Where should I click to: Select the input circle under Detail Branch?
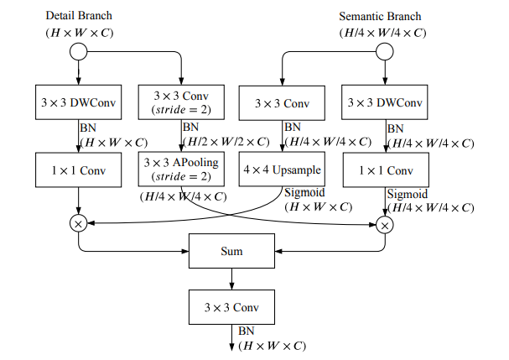(x=78, y=52)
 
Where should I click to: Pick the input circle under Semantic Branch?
(x=385, y=52)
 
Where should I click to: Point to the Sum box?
(x=231, y=250)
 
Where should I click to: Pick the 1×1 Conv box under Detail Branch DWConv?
(x=79, y=170)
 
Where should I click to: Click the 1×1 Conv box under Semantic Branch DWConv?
(x=385, y=170)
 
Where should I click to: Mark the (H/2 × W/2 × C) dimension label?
(x=222, y=142)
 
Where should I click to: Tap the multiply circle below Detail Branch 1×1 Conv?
(x=78, y=224)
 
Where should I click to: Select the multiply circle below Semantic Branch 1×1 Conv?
(x=385, y=224)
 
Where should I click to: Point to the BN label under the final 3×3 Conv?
(x=247, y=331)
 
